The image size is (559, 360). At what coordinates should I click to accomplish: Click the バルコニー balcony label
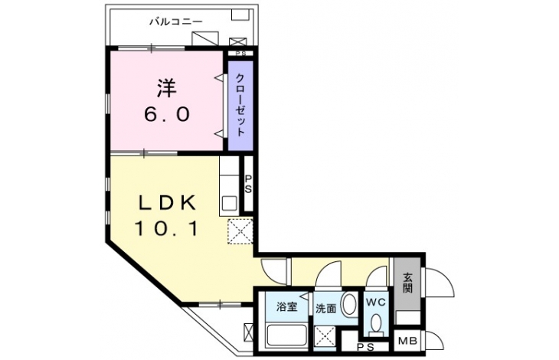[x=176, y=22]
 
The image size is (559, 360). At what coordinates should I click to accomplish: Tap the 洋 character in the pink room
[x=167, y=88]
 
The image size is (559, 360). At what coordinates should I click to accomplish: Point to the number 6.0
[x=166, y=115]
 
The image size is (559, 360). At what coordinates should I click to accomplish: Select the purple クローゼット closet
[x=240, y=106]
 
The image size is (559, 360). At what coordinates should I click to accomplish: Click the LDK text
[x=167, y=204]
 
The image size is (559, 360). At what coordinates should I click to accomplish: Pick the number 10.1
[x=166, y=228]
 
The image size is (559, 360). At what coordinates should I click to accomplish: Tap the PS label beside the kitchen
[x=248, y=184]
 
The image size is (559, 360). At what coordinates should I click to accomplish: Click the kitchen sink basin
[x=229, y=204]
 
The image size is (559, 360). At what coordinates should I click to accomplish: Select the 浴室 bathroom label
[x=287, y=306]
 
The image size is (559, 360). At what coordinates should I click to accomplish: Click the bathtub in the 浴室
[x=287, y=335]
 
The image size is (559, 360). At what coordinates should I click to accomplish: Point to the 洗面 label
[x=326, y=309]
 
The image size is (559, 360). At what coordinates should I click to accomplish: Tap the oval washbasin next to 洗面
[x=349, y=304]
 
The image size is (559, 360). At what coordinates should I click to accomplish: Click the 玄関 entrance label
[x=408, y=283]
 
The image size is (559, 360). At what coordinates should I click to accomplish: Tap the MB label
[x=407, y=341]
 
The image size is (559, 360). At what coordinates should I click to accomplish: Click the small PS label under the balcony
[x=240, y=54]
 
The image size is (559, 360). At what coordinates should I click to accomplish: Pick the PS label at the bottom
[x=365, y=346]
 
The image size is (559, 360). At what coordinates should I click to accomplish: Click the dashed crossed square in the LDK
[x=240, y=231]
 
